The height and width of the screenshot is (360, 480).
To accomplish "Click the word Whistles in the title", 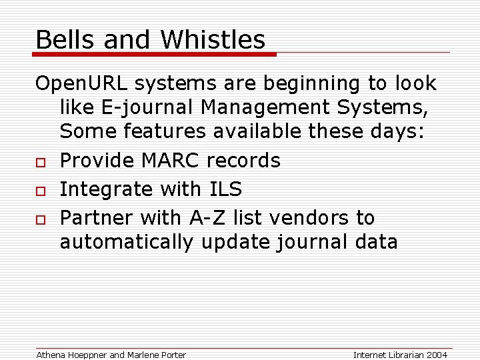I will coord(213,40).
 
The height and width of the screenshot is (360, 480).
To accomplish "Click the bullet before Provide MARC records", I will coord(40,161).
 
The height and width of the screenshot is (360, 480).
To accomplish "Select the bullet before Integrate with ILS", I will coord(40,190).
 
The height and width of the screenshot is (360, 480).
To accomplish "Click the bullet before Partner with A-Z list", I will coord(40,219).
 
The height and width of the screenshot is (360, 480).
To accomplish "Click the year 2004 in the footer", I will coord(436,355).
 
